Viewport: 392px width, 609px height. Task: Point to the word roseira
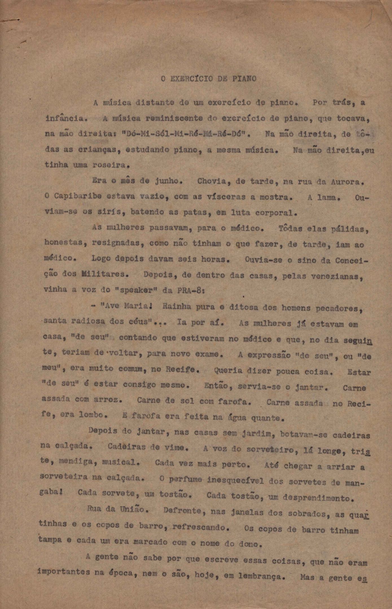(108, 165)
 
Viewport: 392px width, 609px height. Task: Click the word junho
(167, 181)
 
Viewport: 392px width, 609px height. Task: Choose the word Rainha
(177, 306)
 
